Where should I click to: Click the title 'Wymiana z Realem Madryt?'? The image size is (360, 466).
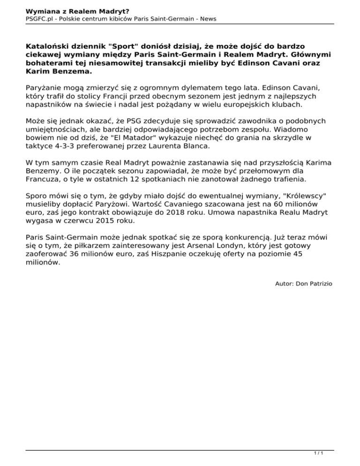point(71,9)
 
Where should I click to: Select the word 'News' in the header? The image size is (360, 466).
point(207,19)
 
